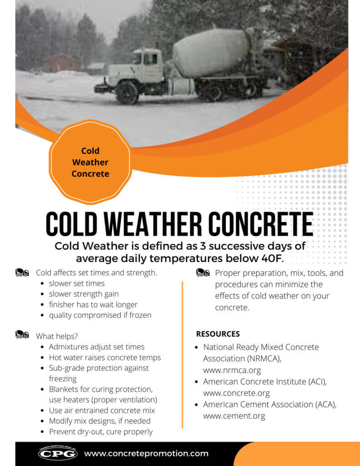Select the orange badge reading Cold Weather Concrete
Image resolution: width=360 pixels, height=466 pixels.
[x=90, y=162]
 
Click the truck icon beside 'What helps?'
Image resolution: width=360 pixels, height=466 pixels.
[x=22, y=334]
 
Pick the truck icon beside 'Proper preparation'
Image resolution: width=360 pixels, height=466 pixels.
[x=203, y=273]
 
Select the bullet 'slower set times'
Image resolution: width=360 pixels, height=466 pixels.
[x=76, y=283]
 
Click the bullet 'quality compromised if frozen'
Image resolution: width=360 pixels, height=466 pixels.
[x=100, y=315]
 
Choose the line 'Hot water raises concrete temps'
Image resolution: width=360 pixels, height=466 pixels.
[x=105, y=357]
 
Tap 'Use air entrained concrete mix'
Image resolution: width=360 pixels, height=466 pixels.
[x=102, y=410]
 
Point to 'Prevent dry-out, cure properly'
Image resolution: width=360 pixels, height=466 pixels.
[x=101, y=431]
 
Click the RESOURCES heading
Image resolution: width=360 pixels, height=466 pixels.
[x=218, y=334]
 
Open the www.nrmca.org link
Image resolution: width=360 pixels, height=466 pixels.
[x=232, y=370]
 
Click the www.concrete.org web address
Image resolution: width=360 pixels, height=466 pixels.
[x=236, y=393]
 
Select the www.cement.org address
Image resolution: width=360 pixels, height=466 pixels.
[x=234, y=415]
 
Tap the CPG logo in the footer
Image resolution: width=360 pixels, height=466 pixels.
[x=58, y=453]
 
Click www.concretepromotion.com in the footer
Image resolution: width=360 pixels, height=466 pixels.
[x=146, y=453]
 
